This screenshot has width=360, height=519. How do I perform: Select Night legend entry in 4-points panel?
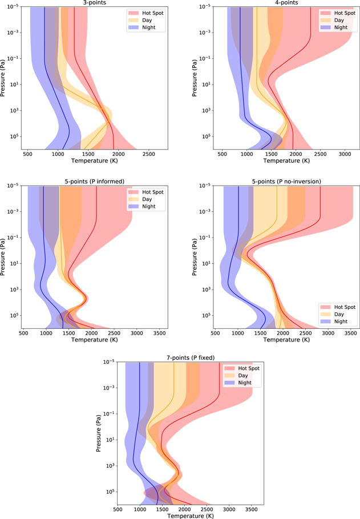click(x=340, y=27)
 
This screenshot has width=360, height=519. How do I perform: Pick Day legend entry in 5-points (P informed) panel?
click(x=149, y=199)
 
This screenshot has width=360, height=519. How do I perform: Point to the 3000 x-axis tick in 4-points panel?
click(x=345, y=154)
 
